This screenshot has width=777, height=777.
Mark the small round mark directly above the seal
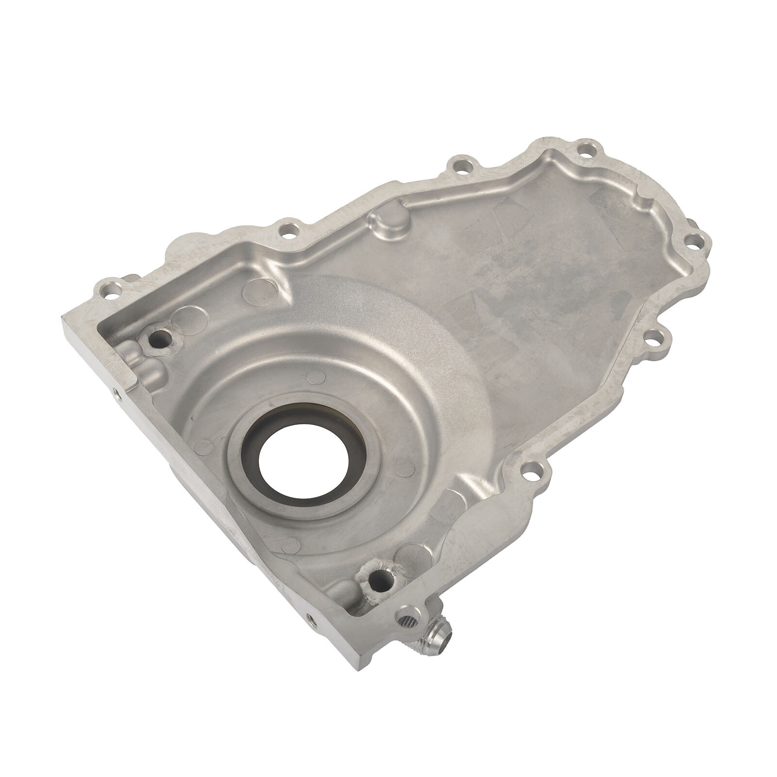(x=317, y=375)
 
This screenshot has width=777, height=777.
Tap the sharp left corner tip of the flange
(x=63, y=317)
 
